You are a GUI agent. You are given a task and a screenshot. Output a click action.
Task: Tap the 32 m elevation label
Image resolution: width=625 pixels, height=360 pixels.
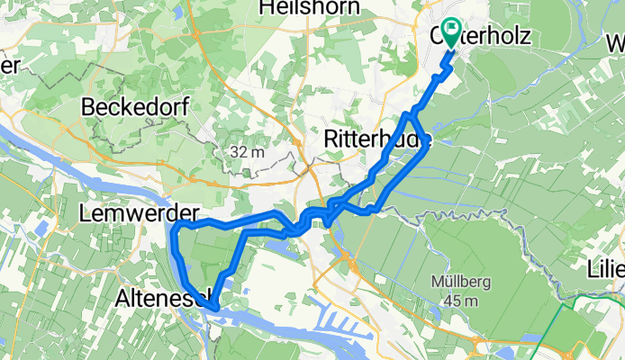point(247,151)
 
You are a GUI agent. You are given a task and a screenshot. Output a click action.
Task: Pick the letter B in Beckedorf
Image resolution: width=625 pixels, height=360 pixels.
point(87,107)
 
